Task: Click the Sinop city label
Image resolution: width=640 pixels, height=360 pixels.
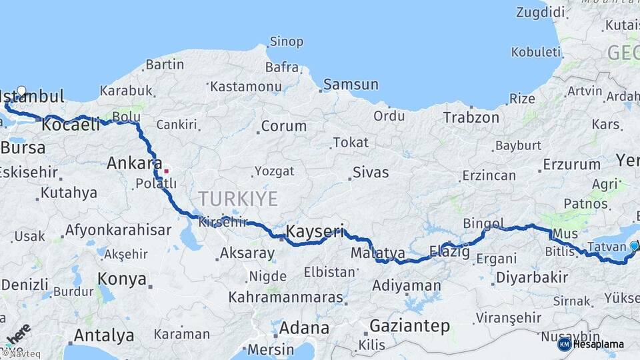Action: [287, 41]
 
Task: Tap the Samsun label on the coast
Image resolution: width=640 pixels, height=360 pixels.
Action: [351, 85]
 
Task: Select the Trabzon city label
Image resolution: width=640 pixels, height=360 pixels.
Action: [471, 117]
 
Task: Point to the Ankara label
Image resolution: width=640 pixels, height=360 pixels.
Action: [134, 163]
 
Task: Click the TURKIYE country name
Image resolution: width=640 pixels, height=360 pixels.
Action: [237, 198]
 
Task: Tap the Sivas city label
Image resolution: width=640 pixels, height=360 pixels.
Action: [371, 172]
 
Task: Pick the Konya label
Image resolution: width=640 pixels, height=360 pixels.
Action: [122, 278]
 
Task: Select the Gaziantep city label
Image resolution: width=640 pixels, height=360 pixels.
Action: [409, 325]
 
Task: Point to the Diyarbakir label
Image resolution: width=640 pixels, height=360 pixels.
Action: [532, 277]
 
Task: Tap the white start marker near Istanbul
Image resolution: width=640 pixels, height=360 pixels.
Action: [21, 91]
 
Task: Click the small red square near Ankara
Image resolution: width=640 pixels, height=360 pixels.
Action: [166, 170]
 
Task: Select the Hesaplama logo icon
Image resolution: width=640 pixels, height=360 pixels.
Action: [565, 344]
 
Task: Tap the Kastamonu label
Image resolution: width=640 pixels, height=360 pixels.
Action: [245, 86]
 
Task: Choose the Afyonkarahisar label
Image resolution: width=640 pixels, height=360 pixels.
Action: [118, 230]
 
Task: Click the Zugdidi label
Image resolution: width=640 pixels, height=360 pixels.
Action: [540, 11]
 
